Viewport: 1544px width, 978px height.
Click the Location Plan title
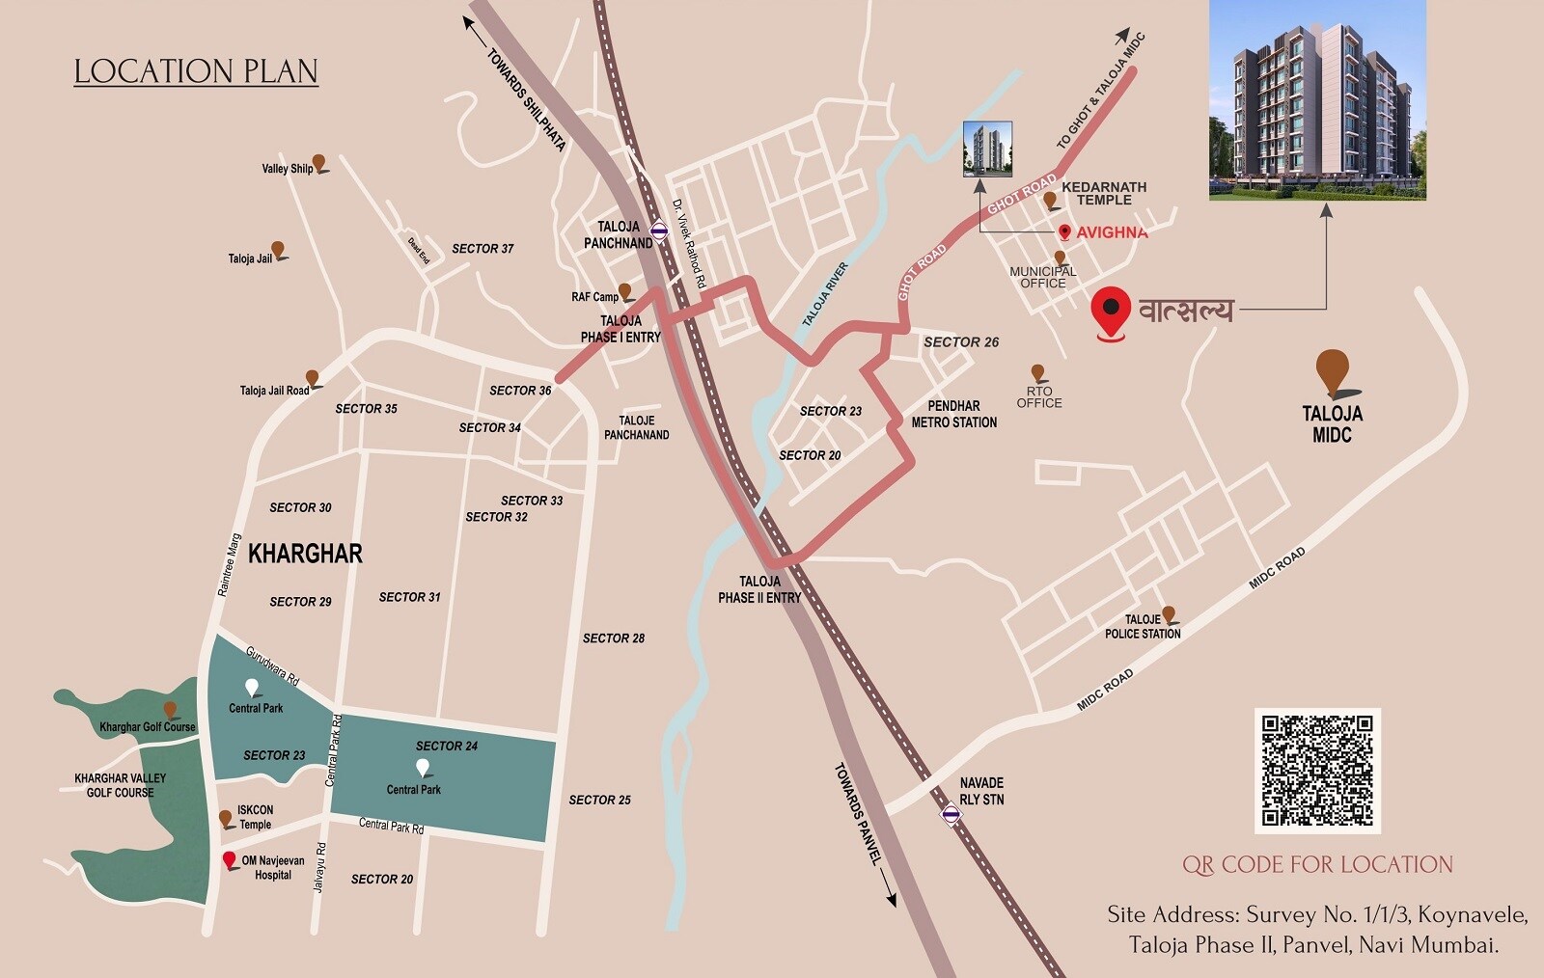pos(196,71)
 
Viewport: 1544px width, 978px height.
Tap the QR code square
pos(1317,771)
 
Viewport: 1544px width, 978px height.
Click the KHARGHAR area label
pos(305,554)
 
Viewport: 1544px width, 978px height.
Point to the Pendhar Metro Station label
pos(953,414)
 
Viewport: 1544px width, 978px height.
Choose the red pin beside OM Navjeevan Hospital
pos(229,859)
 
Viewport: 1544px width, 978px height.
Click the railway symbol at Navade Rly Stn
pos(951,815)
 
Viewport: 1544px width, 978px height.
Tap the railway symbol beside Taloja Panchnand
pos(659,231)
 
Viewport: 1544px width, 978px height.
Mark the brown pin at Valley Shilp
pos(318,163)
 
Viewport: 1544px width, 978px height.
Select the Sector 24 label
pos(446,746)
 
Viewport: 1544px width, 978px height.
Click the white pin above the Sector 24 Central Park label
pos(422,768)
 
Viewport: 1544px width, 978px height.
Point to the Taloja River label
pos(825,294)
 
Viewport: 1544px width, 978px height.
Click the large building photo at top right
pos(1317,100)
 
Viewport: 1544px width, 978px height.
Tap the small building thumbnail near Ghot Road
pos(987,149)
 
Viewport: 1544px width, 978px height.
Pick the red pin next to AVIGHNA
pos(1064,231)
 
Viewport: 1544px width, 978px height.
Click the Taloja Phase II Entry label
pos(759,589)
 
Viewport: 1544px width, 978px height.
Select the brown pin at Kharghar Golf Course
pos(170,710)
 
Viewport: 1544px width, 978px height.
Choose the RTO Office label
pos(1038,397)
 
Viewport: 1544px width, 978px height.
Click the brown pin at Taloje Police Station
pos(1169,613)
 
